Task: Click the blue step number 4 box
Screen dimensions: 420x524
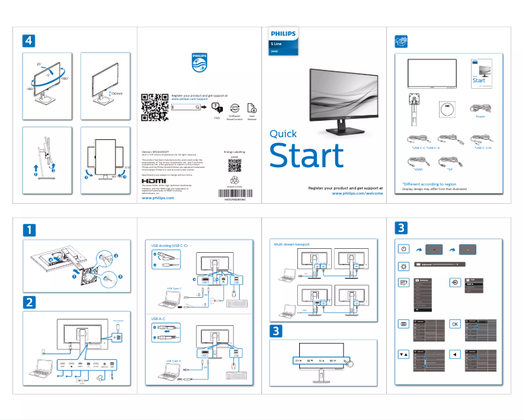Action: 28,40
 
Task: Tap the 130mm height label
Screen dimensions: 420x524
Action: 117,94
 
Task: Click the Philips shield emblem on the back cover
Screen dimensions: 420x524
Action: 199,63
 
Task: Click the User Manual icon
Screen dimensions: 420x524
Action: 252,108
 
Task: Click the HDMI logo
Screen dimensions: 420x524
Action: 154,180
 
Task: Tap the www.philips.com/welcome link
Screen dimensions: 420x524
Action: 357,193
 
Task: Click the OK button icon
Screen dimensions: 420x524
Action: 455,324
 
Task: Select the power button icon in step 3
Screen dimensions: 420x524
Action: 403,250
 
